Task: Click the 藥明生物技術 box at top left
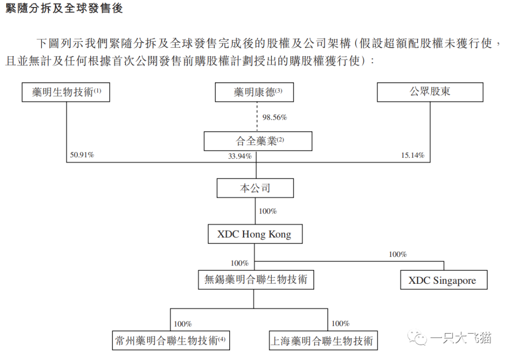(66, 92)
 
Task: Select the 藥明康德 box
(254, 92)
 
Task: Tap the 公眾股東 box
(430, 92)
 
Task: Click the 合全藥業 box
(258, 141)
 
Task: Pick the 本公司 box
(255, 188)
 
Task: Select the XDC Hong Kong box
(255, 234)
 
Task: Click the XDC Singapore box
(444, 280)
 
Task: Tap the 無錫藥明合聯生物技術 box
(256, 280)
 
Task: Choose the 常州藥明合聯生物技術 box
(171, 341)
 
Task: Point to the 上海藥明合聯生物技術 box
(323, 341)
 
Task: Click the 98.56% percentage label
(275, 117)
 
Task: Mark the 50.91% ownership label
(82, 155)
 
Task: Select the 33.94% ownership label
(240, 156)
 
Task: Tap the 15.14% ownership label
(413, 155)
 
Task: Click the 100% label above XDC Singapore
(398, 255)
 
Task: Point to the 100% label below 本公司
(268, 211)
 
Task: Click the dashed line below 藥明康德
(257, 117)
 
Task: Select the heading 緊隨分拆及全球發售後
(64, 8)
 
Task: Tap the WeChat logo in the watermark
(418, 338)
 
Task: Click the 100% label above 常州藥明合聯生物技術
(183, 324)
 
